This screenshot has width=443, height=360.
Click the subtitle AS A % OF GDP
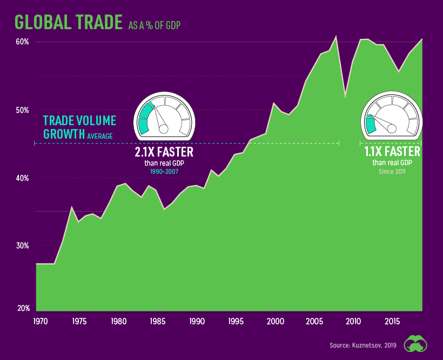point(158,25)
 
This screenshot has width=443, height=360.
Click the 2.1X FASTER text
point(164,152)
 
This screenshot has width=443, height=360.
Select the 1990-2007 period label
point(164,172)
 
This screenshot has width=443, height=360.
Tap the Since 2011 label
point(392,172)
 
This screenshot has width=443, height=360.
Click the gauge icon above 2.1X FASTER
point(164,115)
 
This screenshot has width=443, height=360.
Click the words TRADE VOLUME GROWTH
point(79,127)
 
